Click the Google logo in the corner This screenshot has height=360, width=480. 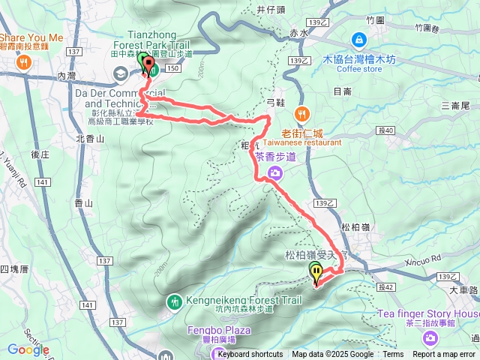[x=28, y=349]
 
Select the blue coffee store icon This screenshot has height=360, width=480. [x=358, y=40]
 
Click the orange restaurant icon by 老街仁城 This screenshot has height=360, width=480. [x=302, y=114]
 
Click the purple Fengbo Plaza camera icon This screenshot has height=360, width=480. [x=218, y=354]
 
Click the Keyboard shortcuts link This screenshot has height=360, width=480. [x=250, y=355]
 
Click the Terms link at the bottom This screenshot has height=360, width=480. [x=393, y=355]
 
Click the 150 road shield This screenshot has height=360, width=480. [x=173, y=67]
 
